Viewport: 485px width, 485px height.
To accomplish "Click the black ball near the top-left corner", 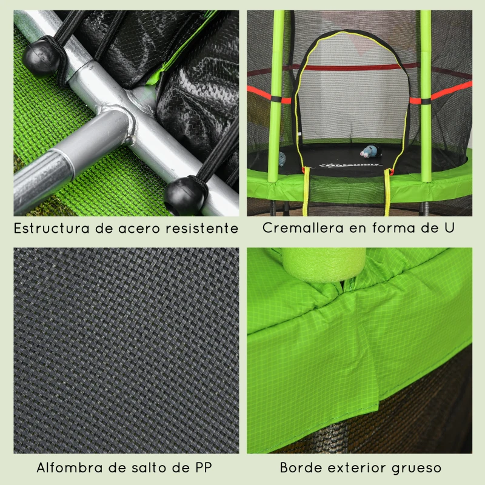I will tap(42, 58).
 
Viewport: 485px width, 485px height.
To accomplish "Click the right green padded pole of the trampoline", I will tap(426, 97).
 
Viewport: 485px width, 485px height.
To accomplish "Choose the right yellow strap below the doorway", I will tap(387, 191).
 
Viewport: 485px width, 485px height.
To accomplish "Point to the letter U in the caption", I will tap(449, 229).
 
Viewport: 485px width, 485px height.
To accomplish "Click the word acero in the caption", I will tap(133, 229).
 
